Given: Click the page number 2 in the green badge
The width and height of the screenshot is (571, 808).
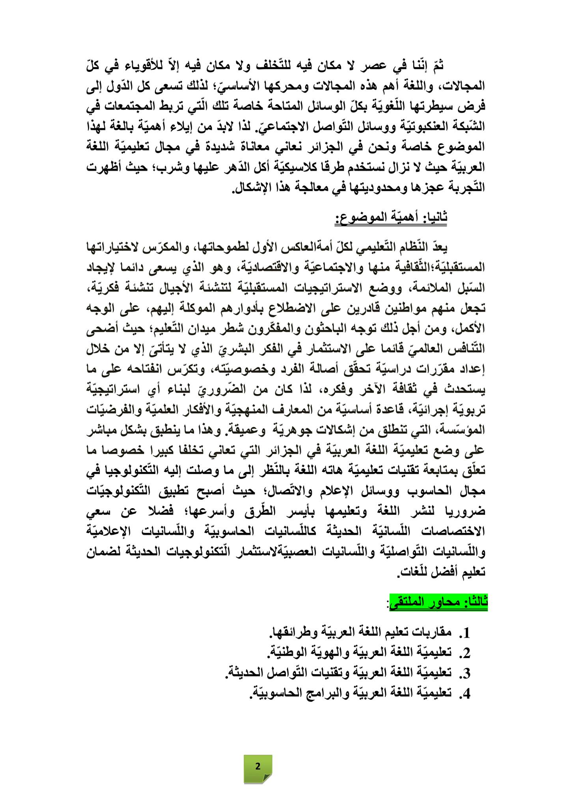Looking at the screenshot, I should tap(258, 766).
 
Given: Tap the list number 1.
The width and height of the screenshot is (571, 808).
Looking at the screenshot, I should tap(466, 633).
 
